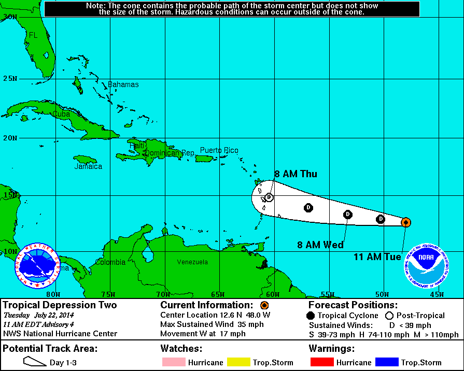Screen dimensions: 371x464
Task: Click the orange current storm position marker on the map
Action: click(x=406, y=222)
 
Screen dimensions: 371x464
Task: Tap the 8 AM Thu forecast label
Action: click(x=296, y=174)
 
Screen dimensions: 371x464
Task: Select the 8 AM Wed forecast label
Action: click(x=320, y=245)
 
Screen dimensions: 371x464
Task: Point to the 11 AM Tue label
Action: click(x=377, y=256)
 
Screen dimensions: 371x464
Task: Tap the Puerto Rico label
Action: click(x=219, y=151)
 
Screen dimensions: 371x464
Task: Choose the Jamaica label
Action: click(x=88, y=167)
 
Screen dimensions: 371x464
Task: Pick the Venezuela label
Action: click(x=192, y=262)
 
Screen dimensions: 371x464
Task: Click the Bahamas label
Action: click(x=123, y=84)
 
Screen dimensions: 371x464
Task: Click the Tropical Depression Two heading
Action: click(x=60, y=305)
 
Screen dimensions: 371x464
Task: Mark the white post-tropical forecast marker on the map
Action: click(x=269, y=197)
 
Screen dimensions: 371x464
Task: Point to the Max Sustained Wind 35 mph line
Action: click(x=212, y=324)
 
